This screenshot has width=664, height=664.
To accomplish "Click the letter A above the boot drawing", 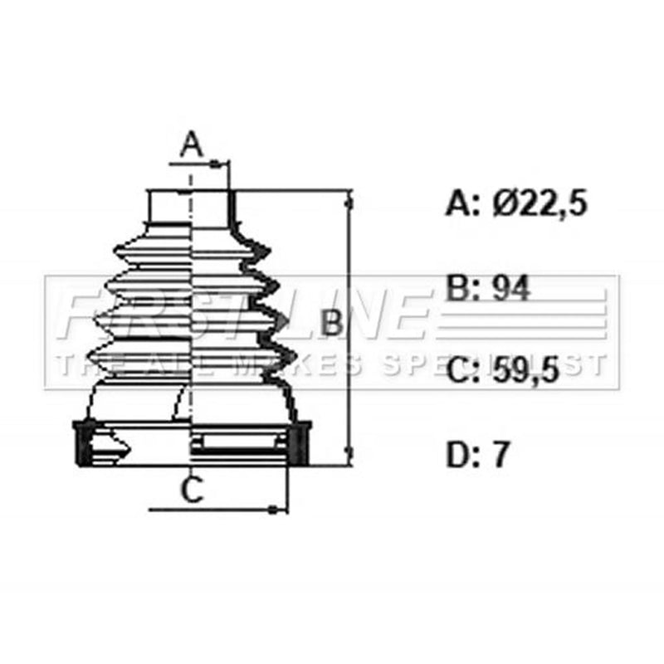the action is (x=192, y=144).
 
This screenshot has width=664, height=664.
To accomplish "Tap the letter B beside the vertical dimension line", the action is (x=330, y=323).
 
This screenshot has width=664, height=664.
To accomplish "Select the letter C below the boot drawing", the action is (x=193, y=490).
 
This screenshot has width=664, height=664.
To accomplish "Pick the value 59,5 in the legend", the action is (x=526, y=370).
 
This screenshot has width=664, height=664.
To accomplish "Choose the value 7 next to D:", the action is (x=500, y=455).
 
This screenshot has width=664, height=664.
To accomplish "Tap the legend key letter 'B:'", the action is (x=463, y=288).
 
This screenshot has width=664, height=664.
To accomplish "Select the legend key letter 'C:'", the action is (x=463, y=370).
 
